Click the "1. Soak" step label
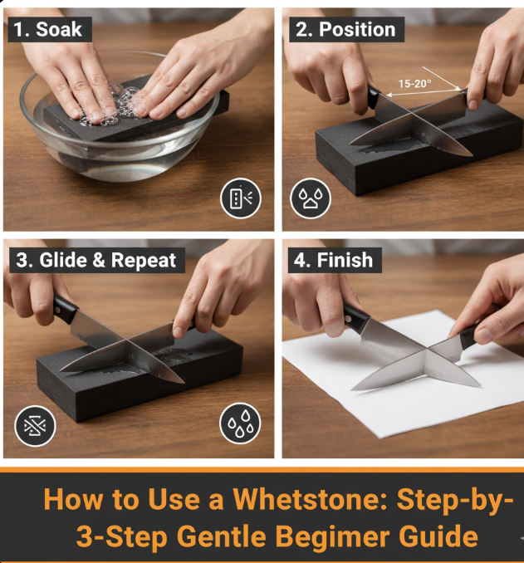pos(48,29)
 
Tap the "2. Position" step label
pos(346,29)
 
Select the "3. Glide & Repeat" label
pos(96,260)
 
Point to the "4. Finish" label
pos(334,260)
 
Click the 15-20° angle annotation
pos(414,84)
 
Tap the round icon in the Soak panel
pos(240,198)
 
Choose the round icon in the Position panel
pos(311,198)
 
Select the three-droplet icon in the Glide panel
pos(240,423)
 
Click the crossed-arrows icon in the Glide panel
pos(35,426)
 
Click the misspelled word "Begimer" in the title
pos(333,536)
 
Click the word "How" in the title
pos(72,499)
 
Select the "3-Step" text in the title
pos(122,536)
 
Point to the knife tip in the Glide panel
pos(183,382)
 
